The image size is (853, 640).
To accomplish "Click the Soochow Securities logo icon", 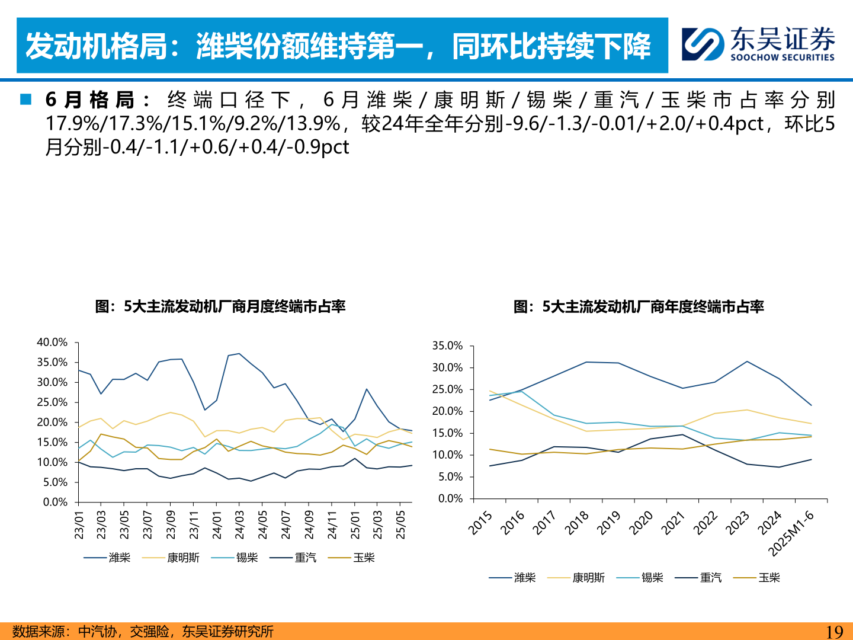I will [x=703, y=44].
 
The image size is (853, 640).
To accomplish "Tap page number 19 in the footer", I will [x=834, y=632].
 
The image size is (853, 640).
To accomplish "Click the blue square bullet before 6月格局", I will [x=25, y=99].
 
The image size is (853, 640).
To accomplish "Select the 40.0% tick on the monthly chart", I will [x=52, y=343].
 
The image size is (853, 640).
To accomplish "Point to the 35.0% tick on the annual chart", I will [x=447, y=345].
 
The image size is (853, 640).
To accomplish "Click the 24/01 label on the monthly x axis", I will [x=217, y=525].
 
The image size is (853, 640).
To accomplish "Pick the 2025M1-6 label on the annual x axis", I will [x=791, y=533].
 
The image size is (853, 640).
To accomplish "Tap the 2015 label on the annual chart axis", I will [x=480, y=523].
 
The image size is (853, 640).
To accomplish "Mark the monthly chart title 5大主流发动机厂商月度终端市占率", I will [x=220, y=306].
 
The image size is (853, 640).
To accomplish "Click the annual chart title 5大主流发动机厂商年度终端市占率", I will [x=639, y=306].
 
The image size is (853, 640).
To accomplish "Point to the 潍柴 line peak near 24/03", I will [x=239, y=354].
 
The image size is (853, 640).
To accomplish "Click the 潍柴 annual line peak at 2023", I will [x=747, y=361].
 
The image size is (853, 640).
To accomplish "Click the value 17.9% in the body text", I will [x=73, y=123].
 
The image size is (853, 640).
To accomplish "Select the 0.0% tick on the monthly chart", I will [x=56, y=503].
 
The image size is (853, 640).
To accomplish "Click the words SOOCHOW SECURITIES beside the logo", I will [x=782, y=57].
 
